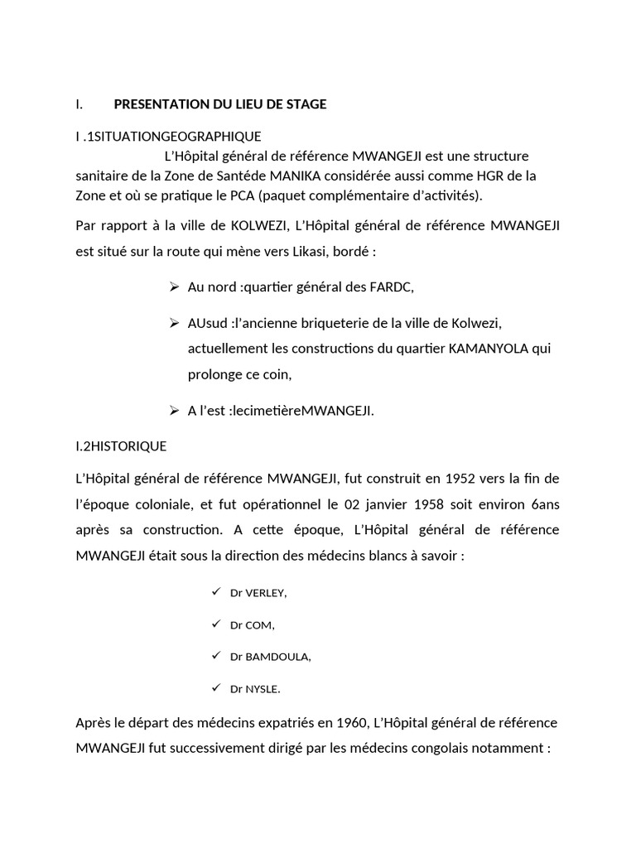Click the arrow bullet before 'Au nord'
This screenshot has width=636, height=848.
point(174,287)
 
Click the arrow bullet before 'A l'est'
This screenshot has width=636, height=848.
point(174,410)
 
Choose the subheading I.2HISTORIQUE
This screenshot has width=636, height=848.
point(121,446)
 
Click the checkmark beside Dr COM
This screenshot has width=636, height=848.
point(215,624)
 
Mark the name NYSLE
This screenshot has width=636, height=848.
point(263,688)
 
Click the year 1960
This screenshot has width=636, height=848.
point(347,723)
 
